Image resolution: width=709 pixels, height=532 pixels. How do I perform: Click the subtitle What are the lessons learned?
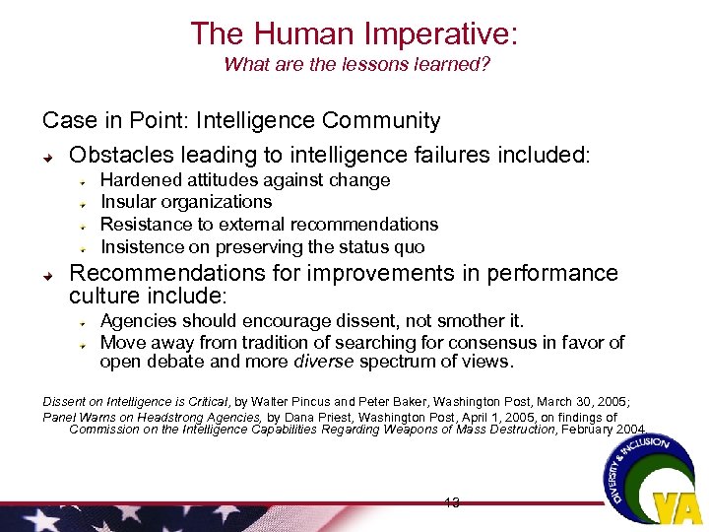(x=356, y=65)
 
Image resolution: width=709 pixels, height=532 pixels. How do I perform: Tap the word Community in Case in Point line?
(x=384, y=121)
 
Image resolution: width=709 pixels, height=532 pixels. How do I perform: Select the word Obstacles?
(x=116, y=156)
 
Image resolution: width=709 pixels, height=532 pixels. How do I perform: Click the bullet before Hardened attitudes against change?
(x=86, y=181)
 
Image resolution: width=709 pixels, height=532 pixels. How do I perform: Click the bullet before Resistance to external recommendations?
(x=86, y=226)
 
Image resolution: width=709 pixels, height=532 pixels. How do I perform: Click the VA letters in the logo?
(x=678, y=508)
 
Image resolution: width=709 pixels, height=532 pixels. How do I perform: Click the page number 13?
(x=451, y=503)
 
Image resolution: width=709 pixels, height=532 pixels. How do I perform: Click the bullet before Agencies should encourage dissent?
(x=86, y=322)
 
